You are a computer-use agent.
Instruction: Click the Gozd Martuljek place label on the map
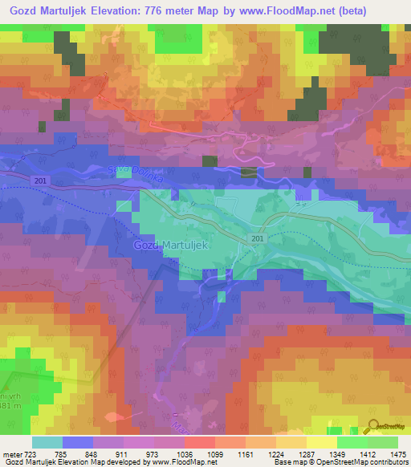[171, 245]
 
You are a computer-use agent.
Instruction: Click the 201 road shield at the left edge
[41, 181]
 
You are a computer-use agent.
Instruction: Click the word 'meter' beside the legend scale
[13, 453]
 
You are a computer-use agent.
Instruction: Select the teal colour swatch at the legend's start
[47, 442]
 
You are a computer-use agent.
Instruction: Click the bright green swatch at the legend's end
[382, 442]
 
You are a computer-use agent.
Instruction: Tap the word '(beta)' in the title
[373, 10]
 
